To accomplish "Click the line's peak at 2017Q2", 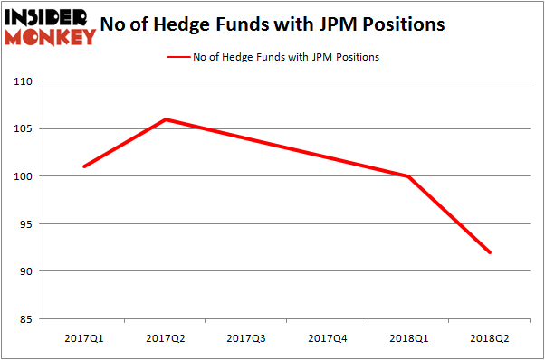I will (166, 119).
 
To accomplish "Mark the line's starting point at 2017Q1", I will (84, 166).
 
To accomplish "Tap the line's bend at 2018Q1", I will (409, 176).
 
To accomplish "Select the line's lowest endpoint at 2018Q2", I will (491, 252).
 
